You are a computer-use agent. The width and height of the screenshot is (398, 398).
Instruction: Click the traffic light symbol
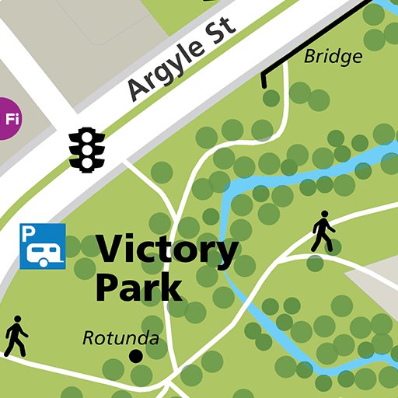coord(87,149)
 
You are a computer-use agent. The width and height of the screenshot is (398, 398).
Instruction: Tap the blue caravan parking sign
coord(42,246)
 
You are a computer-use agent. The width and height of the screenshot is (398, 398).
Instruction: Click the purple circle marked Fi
coord(10,119)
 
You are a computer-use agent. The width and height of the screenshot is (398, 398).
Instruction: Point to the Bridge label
coord(333,57)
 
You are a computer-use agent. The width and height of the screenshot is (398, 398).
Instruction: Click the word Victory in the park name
coord(167,252)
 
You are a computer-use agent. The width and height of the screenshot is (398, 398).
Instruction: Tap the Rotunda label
coord(120,339)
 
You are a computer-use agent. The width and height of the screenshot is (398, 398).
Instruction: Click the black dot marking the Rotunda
coord(135,356)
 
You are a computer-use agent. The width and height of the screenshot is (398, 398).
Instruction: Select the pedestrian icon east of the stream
coord(323,231)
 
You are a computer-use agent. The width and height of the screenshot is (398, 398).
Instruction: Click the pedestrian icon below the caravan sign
coord(16,336)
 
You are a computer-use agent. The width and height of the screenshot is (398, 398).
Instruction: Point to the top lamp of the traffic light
coord(87,135)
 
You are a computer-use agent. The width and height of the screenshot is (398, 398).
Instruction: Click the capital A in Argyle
coord(139,89)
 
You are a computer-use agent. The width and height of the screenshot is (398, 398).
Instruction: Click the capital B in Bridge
coord(309,57)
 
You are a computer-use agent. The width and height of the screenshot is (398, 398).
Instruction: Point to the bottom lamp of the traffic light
coord(87,162)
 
